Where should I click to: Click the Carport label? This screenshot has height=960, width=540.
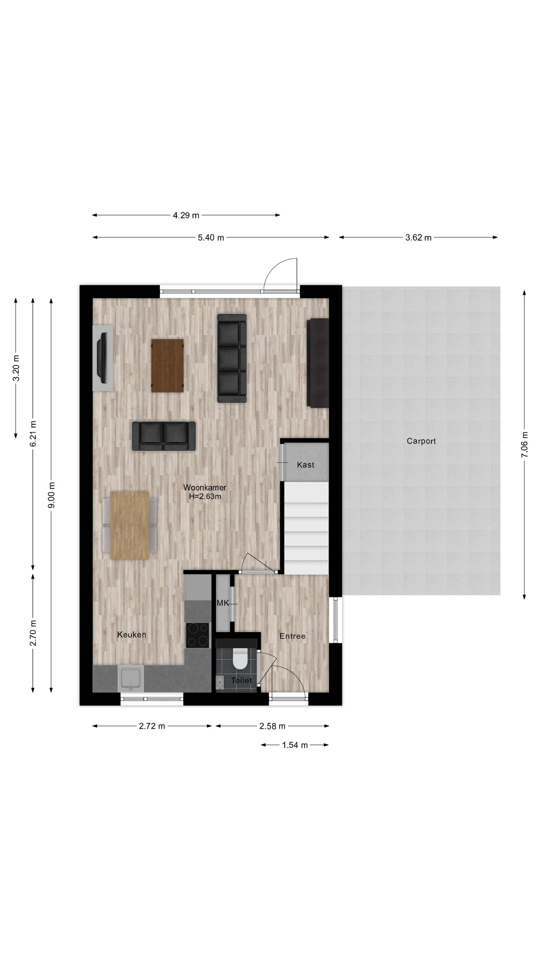click(421, 441)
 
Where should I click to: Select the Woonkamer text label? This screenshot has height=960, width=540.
click(205, 488)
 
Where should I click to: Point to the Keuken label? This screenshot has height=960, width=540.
click(132, 635)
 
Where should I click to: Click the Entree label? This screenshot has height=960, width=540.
click(292, 636)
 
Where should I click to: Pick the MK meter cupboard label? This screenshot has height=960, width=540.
click(222, 603)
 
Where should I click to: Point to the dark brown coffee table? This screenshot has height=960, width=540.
click(167, 365)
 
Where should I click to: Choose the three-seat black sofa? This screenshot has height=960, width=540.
click(232, 358)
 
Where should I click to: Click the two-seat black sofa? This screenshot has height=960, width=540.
click(164, 436)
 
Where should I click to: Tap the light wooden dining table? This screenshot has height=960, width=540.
click(130, 525)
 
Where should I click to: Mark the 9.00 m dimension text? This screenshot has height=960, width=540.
click(51, 495)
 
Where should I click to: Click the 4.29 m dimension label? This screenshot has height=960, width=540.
click(186, 215)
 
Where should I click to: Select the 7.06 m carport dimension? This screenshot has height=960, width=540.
click(524, 444)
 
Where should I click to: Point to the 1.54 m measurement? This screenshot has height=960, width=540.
click(295, 745)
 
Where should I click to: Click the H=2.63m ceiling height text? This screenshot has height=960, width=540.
click(205, 496)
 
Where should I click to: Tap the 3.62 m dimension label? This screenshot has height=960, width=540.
click(418, 237)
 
